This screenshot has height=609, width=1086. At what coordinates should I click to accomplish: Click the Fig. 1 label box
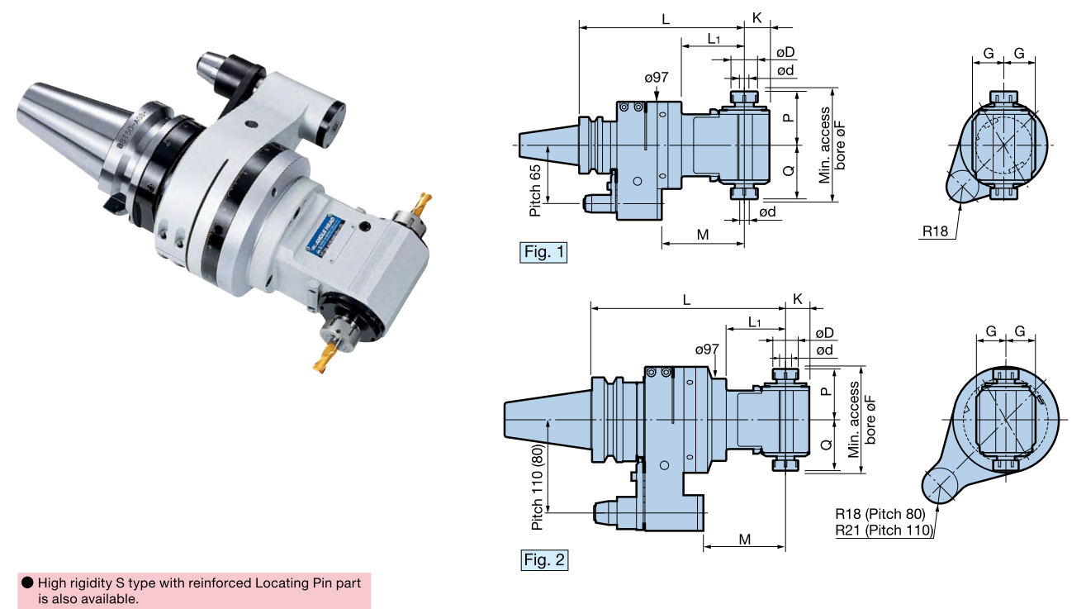point(543,252)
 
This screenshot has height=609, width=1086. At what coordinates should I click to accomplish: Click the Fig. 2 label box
point(545,560)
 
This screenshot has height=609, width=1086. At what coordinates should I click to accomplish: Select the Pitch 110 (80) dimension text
point(538,487)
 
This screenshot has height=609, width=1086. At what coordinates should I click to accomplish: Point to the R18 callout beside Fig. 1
point(935,231)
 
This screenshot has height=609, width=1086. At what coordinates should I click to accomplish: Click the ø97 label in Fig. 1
point(657,78)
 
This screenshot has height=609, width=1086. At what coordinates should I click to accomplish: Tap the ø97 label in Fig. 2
point(707,350)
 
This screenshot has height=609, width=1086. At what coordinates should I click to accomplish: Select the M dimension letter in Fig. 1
point(703,235)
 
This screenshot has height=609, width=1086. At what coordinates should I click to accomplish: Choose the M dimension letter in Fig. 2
point(745,540)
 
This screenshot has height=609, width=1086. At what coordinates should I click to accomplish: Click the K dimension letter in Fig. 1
point(756,17)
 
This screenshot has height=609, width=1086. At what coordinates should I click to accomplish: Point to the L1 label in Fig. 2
point(754,321)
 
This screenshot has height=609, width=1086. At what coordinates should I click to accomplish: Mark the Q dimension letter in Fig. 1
point(788,171)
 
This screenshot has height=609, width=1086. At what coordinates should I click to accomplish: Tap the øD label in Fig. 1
point(785,53)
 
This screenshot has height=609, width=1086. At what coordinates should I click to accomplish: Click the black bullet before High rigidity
point(27,583)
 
